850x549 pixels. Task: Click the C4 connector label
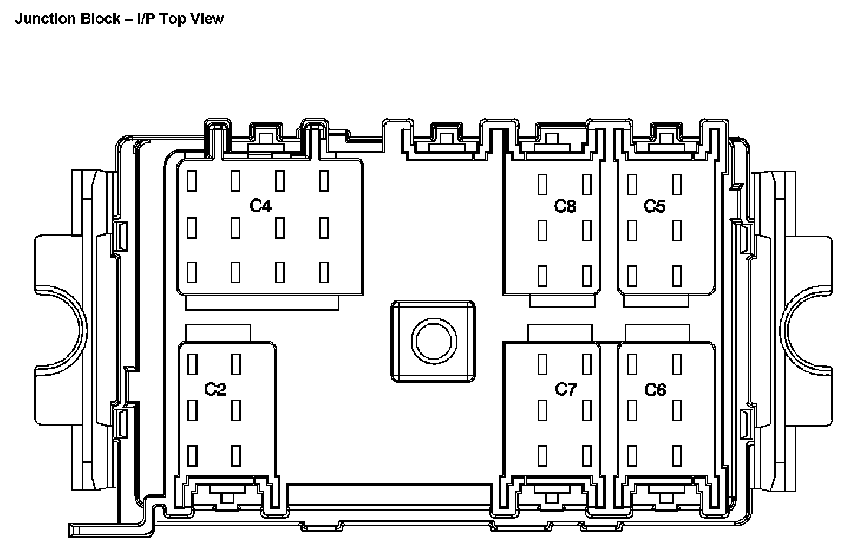pos(260,206)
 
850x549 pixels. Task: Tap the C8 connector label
pos(565,206)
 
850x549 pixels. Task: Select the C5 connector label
pos(655,206)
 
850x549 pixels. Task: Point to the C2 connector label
pos(215,390)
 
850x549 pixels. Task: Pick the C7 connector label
pos(565,390)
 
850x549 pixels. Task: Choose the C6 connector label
pos(655,390)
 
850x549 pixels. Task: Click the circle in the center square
pos(433,341)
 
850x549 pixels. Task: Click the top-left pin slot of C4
pos(191,181)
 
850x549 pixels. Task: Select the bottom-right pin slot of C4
pos(323,272)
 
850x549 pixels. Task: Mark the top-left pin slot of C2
pos(192,364)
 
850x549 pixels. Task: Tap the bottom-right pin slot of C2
pos(236,456)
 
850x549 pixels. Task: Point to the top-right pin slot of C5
pos(676,184)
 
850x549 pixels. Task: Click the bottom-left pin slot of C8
pos(542,275)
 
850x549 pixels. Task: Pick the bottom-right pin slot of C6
pos(676,456)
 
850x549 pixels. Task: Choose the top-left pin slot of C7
pos(542,364)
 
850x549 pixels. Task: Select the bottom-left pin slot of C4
pos(191,272)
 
